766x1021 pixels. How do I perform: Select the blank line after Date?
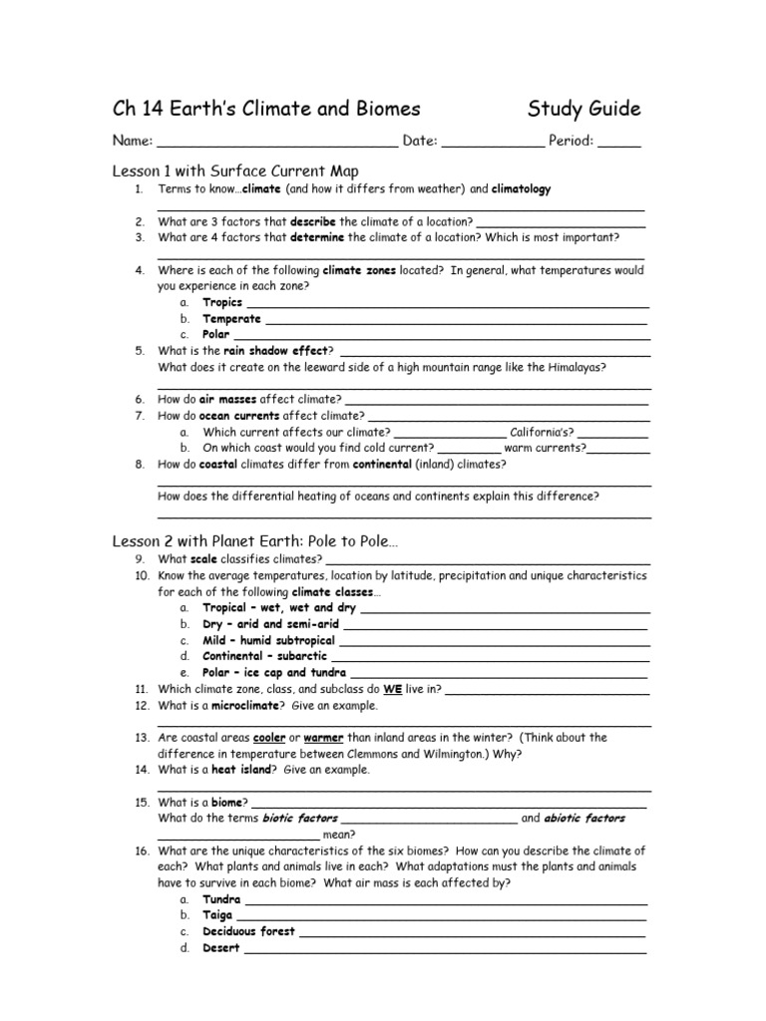coord(493,144)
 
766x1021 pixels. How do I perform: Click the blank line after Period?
coord(619,144)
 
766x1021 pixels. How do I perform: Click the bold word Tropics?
coord(222,303)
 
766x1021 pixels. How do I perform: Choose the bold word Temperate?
coord(231,319)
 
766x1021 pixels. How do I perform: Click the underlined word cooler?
coord(269,738)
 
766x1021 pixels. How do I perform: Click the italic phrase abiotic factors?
coord(584,819)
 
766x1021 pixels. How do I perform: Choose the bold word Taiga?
coord(217,915)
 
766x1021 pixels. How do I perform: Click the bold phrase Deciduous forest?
coord(248,931)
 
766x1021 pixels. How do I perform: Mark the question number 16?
coord(141,851)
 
